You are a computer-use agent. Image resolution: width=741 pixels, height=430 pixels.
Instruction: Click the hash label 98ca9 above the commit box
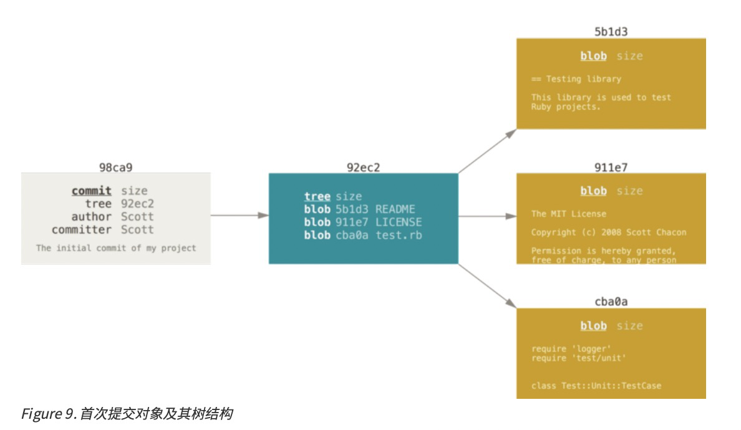pyautogui.click(x=116, y=167)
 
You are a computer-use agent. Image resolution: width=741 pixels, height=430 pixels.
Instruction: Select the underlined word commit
pyautogui.click(x=92, y=191)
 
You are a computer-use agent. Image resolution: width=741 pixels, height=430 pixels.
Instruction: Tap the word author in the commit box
pyautogui.click(x=91, y=217)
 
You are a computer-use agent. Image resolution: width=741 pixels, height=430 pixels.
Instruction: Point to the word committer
pyautogui.click(x=82, y=230)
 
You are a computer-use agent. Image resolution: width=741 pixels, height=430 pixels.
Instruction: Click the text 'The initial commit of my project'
pyautogui.click(x=116, y=248)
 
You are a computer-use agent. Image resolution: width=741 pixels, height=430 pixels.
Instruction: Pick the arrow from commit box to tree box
pyautogui.click(x=240, y=216)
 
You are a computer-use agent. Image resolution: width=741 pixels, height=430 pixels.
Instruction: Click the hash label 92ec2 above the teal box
pyautogui.click(x=363, y=167)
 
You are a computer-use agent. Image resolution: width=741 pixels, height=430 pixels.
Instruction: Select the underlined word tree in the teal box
pyautogui.click(x=317, y=197)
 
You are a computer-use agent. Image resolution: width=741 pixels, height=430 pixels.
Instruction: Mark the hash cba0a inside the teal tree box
pyautogui.click(x=351, y=235)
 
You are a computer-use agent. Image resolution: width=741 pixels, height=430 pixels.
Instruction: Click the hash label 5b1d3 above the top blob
pyautogui.click(x=611, y=32)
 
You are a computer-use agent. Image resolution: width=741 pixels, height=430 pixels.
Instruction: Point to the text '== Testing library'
pyautogui.click(x=576, y=79)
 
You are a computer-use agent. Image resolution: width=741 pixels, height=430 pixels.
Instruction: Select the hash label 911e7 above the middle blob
pyautogui.click(x=611, y=167)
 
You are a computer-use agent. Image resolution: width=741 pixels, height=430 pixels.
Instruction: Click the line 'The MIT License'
pyautogui.click(x=568, y=214)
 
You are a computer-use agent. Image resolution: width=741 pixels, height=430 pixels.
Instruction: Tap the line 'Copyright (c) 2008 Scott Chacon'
pyautogui.click(x=608, y=232)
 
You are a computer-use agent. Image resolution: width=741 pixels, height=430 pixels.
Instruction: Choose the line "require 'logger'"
pyautogui.click(x=571, y=349)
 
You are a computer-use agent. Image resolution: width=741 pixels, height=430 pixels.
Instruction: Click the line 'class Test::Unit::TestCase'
pyautogui.click(x=596, y=386)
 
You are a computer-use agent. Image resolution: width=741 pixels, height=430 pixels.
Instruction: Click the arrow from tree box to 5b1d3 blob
pyautogui.click(x=487, y=151)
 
